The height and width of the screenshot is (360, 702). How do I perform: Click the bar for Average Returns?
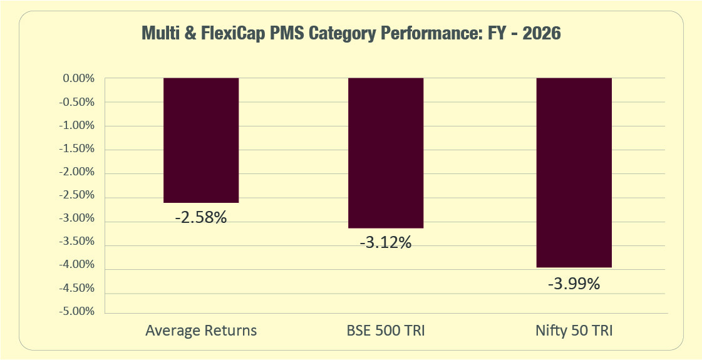click(x=201, y=140)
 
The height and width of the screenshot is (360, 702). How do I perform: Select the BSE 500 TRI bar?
click(x=386, y=153)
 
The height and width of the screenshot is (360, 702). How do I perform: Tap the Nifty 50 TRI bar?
click(x=574, y=172)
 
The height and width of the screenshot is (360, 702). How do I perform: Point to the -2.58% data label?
click(x=201, y=219)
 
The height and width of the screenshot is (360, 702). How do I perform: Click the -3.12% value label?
click(x=386, y=243)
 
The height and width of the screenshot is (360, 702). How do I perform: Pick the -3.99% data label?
click(x=574, y=284)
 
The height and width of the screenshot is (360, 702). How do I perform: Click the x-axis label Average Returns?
click(x=201, y=331)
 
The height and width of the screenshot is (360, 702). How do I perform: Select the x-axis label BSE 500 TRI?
click(x=386, y=331)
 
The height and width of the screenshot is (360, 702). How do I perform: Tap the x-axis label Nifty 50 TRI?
click(x=574, y=331)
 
